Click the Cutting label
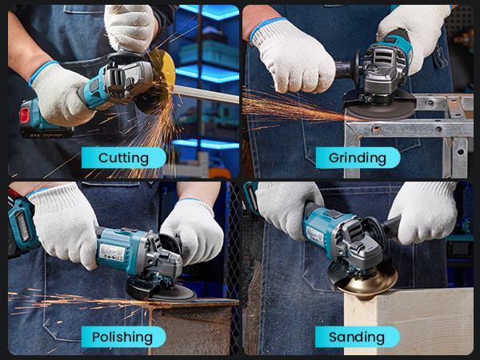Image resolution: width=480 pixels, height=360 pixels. coord(123,158)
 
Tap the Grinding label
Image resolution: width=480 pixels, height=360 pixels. coord(358,158)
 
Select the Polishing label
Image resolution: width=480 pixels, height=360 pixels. coord(123,336)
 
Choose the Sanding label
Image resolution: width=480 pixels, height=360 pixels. coord(358,336)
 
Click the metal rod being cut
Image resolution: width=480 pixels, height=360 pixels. coord(204,94)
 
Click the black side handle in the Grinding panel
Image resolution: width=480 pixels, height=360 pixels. coord(350,68)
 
